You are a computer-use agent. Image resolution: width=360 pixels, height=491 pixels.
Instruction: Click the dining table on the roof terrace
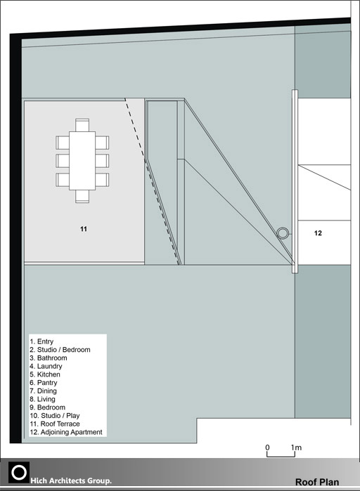pyautogui.click(x=82, y=161)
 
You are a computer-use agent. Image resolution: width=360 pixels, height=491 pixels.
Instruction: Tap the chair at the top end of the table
pyautogui.click(x=82, y=125)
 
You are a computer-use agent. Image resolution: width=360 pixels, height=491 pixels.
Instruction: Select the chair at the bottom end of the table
pyautogui.click(x=82, y=197)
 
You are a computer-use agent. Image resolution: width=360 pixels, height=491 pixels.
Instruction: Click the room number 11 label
pyautogui.click(x=84, y=229)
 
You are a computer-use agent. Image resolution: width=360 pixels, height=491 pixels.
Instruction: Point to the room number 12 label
pyautogui.click(x=318, y=233)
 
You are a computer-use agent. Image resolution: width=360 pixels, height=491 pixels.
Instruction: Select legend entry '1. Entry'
pyautogui.click(x=41, y=341)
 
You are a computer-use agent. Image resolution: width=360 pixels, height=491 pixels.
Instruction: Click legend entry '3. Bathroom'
pyautogui.click(x=49, y=358)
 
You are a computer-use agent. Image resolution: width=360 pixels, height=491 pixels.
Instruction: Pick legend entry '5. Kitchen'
pyautogui.click(x=45, y=374)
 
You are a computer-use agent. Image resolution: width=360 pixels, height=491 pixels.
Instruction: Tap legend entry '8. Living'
pyautogui.click(x=42, y=399)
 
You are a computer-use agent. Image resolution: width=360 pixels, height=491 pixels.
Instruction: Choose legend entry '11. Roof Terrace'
pyautogui.click(x=55, y=424)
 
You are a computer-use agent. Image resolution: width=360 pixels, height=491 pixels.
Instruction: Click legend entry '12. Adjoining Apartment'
pyautogui.click(x=66, y=432)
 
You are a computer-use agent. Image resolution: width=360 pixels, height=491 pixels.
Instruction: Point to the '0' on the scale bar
pyautogui.click(x=267, y=447)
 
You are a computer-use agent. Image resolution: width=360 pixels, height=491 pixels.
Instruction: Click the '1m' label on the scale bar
pyautogui.click(x=296, y=447)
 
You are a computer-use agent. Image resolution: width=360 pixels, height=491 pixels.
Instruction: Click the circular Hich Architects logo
pyautogui.click(x=19, y=473)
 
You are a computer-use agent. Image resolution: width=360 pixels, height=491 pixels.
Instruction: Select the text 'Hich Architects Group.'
pyautogui.click(x=71, y=480)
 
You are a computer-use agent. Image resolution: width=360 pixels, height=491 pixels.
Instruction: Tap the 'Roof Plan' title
pyautogui.click(x=317, y=483)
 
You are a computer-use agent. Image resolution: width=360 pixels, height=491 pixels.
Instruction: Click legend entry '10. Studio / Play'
pyautogui.click(x=55, y=416)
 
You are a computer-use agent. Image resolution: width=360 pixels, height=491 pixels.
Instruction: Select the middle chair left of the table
pyautogui.click(x=63, y=161)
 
